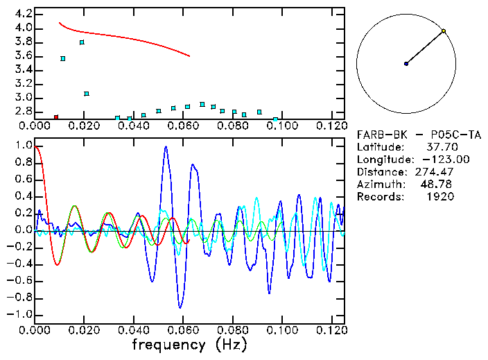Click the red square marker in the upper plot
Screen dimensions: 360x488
56,117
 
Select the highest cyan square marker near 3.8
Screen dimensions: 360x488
82,42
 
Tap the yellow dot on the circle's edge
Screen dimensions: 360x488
444,31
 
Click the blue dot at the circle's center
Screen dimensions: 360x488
406,64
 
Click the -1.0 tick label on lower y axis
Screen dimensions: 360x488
21,314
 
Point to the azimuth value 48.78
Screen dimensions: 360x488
439,185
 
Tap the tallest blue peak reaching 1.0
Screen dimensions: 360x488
166,146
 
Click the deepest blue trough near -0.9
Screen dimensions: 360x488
180,307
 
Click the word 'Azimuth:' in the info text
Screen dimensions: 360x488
380,185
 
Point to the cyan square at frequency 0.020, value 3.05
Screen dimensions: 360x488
87,94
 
